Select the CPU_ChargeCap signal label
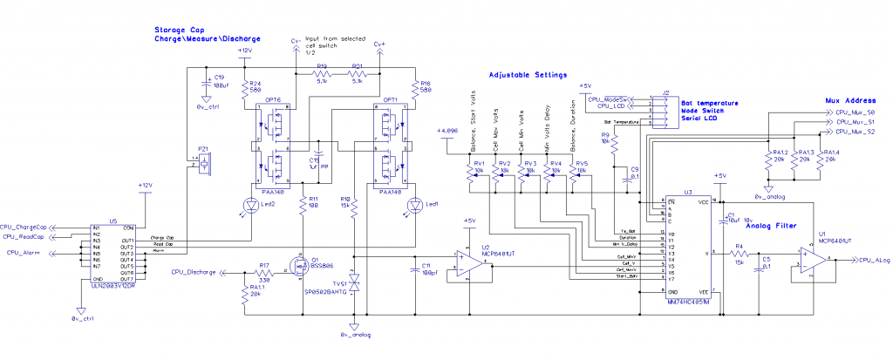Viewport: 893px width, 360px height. coord(24,227)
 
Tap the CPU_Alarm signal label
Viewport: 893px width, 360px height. coord(25,252)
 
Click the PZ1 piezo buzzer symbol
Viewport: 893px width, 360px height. coord(204,162)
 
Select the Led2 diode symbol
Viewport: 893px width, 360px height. coord(247,206)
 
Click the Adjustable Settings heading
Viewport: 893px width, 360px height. coord(528,75)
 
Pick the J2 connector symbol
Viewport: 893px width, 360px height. coord(664,109)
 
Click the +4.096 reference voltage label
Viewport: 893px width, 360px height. coord(446,131)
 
